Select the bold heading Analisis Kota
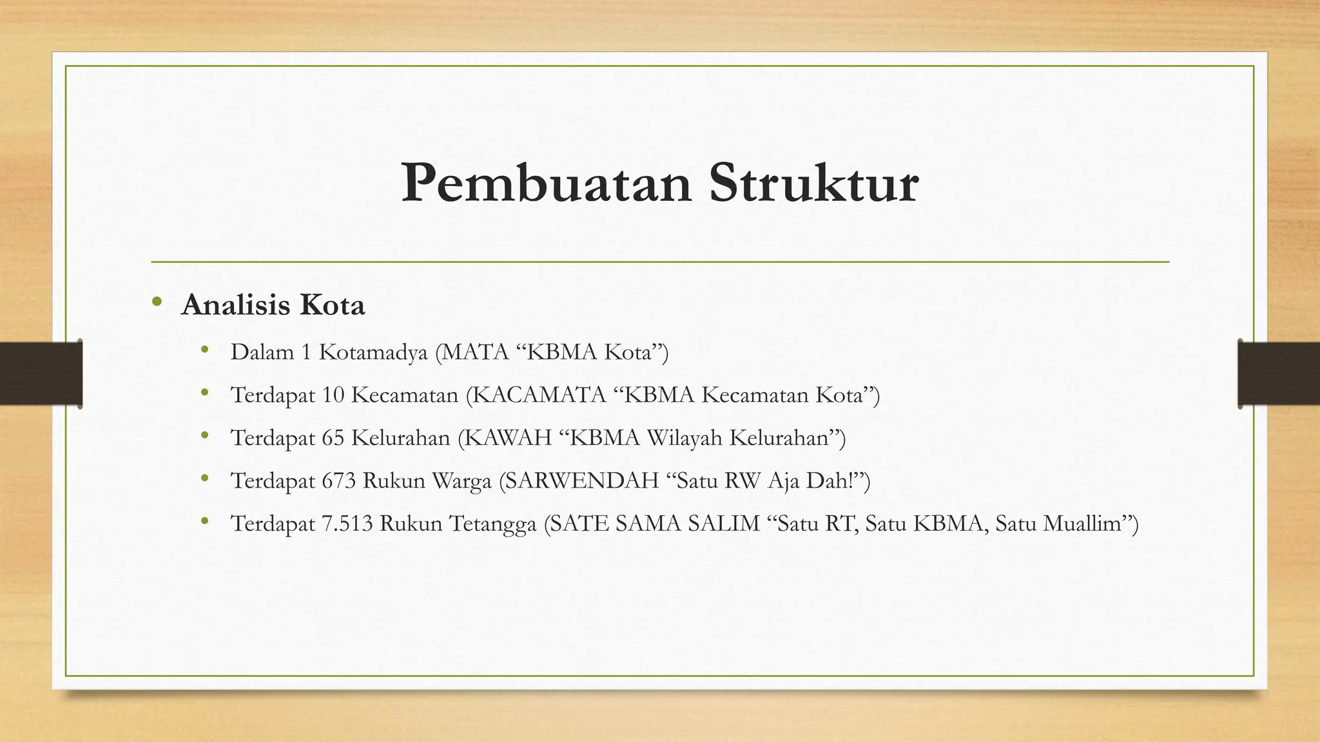click(x=273, y=305)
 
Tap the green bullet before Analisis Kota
click(x=157, y=302)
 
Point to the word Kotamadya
click(x=373, y=352)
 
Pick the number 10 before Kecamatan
click(x=333, y=395)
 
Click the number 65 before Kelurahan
click(x=333, y=438)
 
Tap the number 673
click(x=339, y=481)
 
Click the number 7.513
click(x=347, y=524)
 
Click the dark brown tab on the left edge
click(x=41, y=374)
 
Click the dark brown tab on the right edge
click(x=1279, y=374)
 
